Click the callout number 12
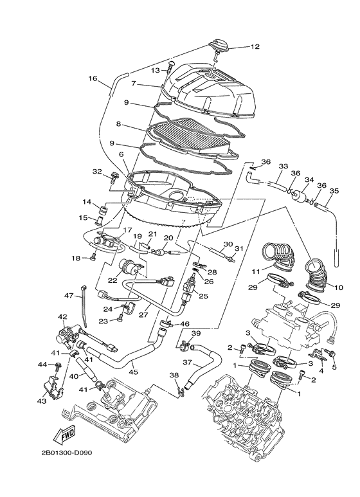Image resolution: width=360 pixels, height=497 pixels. (255, 46)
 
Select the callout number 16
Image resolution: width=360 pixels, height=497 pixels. (93, 78)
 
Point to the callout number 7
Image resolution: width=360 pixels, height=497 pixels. (132, 84)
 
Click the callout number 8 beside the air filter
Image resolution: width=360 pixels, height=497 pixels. (118, 123)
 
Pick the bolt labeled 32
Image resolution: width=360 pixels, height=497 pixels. (115, 175)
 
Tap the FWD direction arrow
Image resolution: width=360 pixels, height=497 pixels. (67, 437)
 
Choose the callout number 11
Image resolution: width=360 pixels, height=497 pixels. (256, 271)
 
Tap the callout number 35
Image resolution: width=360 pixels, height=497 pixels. (334, 191)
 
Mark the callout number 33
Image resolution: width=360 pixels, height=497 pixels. (283, 166)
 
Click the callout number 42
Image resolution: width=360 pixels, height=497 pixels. (62, 317)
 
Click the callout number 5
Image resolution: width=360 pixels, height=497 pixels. (334, 368)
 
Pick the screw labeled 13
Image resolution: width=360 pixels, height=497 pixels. (172, 66)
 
